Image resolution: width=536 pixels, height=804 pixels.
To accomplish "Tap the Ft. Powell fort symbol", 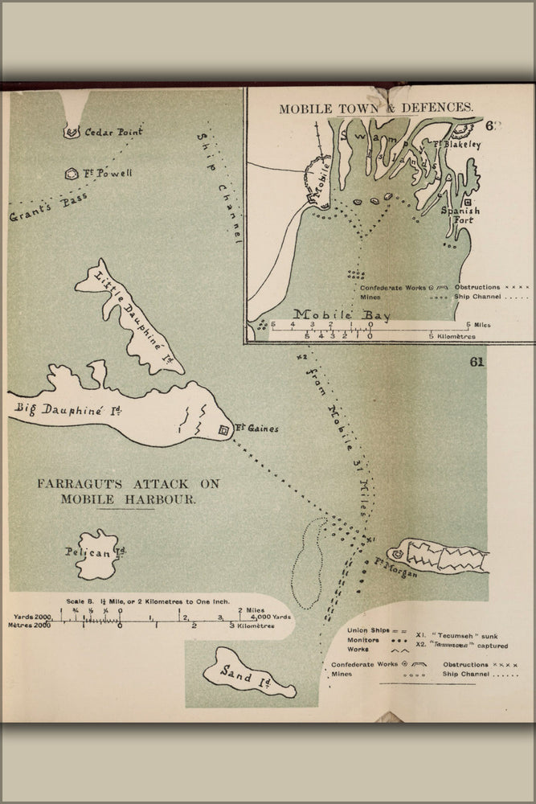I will [x=70, y=174].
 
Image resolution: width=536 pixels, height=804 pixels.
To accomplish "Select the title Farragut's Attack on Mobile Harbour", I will [x=128, y=491].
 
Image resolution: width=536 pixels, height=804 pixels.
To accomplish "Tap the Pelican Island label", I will [x=96, y=552].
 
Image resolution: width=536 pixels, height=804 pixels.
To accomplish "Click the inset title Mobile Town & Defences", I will [x=376, y=107].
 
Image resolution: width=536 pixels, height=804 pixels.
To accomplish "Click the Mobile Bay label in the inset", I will [x=342, y=314].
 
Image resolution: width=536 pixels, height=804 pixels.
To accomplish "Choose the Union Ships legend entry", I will [x=367, y=630].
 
